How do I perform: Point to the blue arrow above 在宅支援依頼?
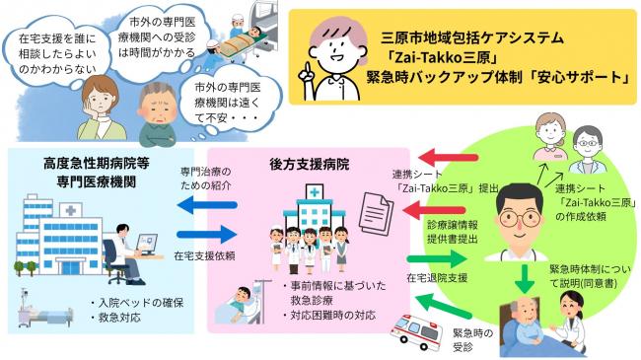pos(206,235)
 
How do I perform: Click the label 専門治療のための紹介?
pos(205,178)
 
